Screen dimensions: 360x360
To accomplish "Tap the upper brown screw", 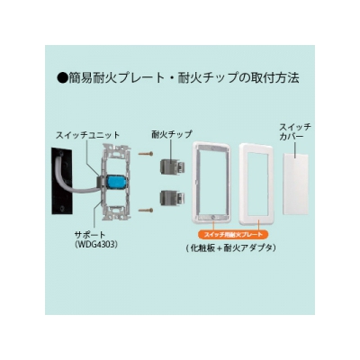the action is [x=146, y=154].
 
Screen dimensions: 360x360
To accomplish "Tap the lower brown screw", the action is [x=146, y=211].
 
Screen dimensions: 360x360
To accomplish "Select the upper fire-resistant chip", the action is [x=172, y=166].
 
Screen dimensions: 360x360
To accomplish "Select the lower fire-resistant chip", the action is [x=172, y=199].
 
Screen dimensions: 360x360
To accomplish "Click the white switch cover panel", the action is [x=296, y=184].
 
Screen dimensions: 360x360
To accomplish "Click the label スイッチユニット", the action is [x=87, y=135].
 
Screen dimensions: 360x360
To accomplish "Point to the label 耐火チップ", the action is [x=172, y=134].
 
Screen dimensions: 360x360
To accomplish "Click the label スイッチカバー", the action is [x=295, y=131].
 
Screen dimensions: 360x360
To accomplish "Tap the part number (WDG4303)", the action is [x=96, y=245].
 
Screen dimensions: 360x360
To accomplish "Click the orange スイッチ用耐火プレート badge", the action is [x=233, y=235].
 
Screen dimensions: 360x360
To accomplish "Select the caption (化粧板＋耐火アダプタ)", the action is [x=230, y=248].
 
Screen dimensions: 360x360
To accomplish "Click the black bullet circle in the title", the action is [x=62, y=78].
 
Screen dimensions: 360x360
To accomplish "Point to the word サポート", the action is [x=90, y=234].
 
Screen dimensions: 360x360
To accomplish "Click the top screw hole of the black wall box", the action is [x=61, y=155].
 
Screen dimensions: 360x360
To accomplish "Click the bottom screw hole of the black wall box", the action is [x=62, y=208].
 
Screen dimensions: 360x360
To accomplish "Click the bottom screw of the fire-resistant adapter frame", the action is [x=212, y=217].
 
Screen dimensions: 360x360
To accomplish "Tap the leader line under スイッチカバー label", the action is [x=295, y=149].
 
